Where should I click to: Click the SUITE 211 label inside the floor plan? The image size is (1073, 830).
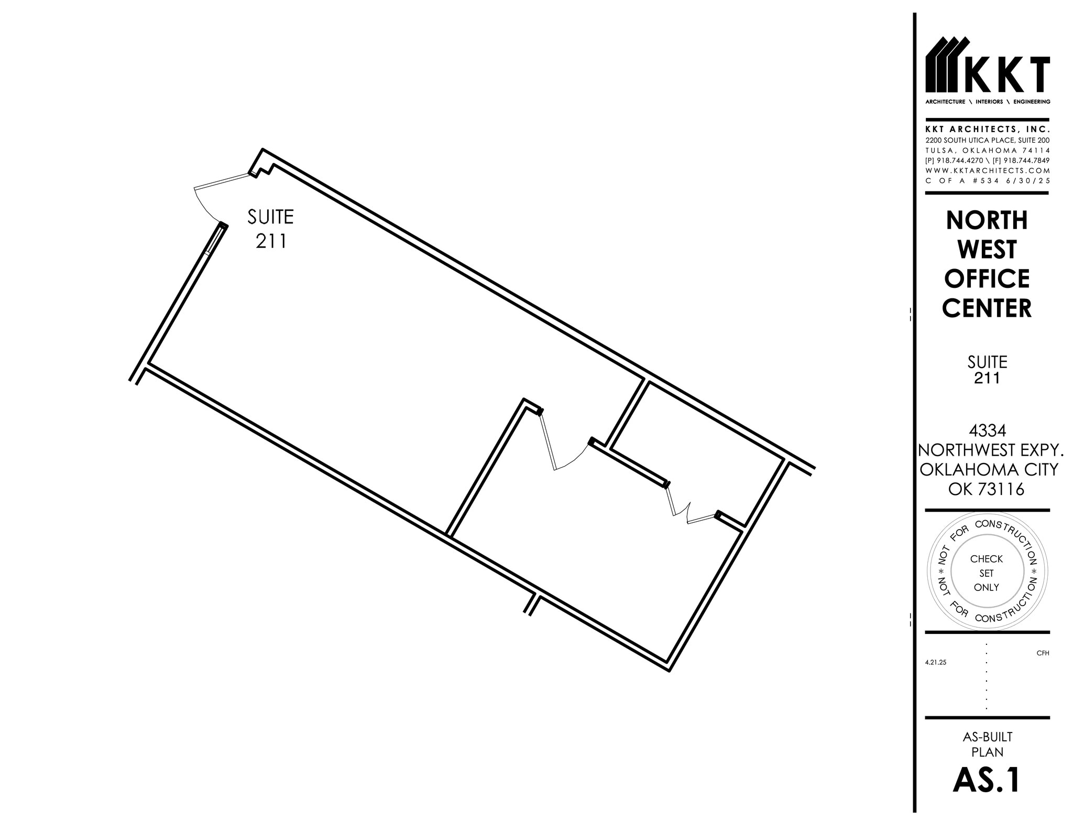pyautogui.click(x=270, y=229)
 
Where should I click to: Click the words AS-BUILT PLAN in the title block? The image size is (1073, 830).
pyautogui.click(x=987, y=744)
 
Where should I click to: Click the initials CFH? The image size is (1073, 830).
pyautogui.click(x=1043, y=653)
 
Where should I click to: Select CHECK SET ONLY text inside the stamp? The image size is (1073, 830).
pyautogui.click(x=987, y=573)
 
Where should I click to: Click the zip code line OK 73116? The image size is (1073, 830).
pyautogui.click(x=987, y=489)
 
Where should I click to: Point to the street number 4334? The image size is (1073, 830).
pyautogui.click(x=987, y=430)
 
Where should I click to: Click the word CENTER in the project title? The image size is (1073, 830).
pyautogui.click(x=987, y=308)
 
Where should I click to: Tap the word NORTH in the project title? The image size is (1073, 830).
pyautogui.click(x=987, y=220)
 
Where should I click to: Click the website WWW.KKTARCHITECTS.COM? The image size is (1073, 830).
pyautogui.click(x=987, y=170)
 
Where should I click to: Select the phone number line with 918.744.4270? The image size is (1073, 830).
pyautogui.click(x=987, y=160)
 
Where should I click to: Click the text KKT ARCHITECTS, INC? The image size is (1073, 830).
pyautogui.click(x=987, y=129)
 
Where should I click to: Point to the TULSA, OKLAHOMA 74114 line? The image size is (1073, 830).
pyautogui.click(x=987, y=150)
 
